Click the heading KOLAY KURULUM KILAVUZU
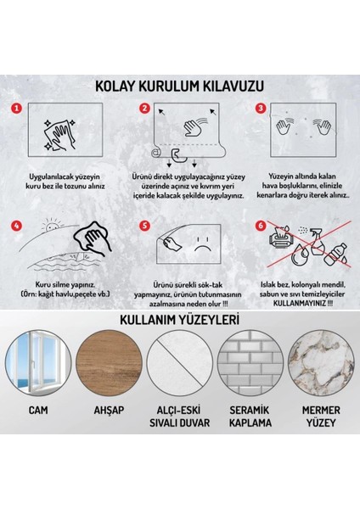click(x=180, y=85)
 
